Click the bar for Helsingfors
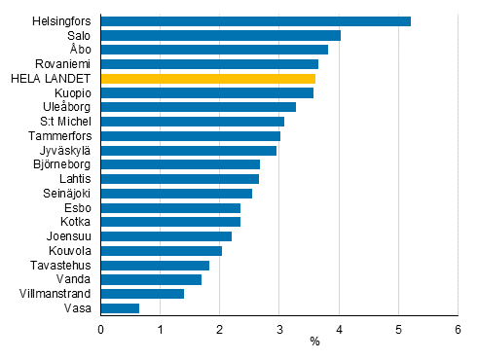pos(255,20)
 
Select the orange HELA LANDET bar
pos(207,78)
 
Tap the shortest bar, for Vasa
pos(120,308)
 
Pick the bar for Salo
pos(220,35)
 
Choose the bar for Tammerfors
pos(190,136)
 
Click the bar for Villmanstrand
pos(142,294)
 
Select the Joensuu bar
pos(165,236)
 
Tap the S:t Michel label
pos(67,122)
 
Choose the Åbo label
pos(81,50)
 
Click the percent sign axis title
pos(314,342)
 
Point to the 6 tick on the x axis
pos(458,329)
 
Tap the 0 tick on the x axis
pos(101,329)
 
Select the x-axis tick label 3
pos(279,329)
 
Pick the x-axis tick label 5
pos(398,329)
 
